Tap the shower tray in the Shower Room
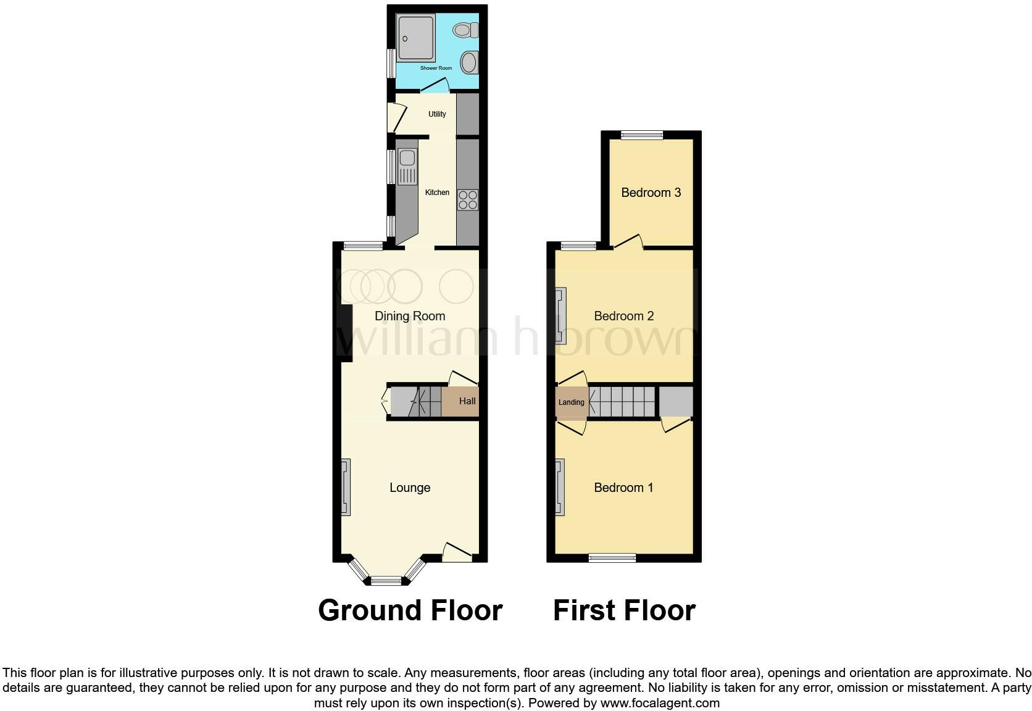(416, 38)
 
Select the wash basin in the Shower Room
(469, 62)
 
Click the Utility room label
(437, 114)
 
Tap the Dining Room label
(410, 316)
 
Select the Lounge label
(410, 488)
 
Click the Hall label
(467, 401)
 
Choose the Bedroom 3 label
(651, 193)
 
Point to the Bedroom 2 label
(623, 316)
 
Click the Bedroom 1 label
(623, 488)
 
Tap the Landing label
(571, 402)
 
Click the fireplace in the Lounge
(346, 487)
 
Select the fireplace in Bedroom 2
(560, 316)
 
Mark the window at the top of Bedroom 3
(642, 135)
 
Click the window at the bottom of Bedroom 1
(612, 558)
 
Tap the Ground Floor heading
(410, 610)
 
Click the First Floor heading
(624, 610)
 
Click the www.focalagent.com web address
(660, 703)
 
